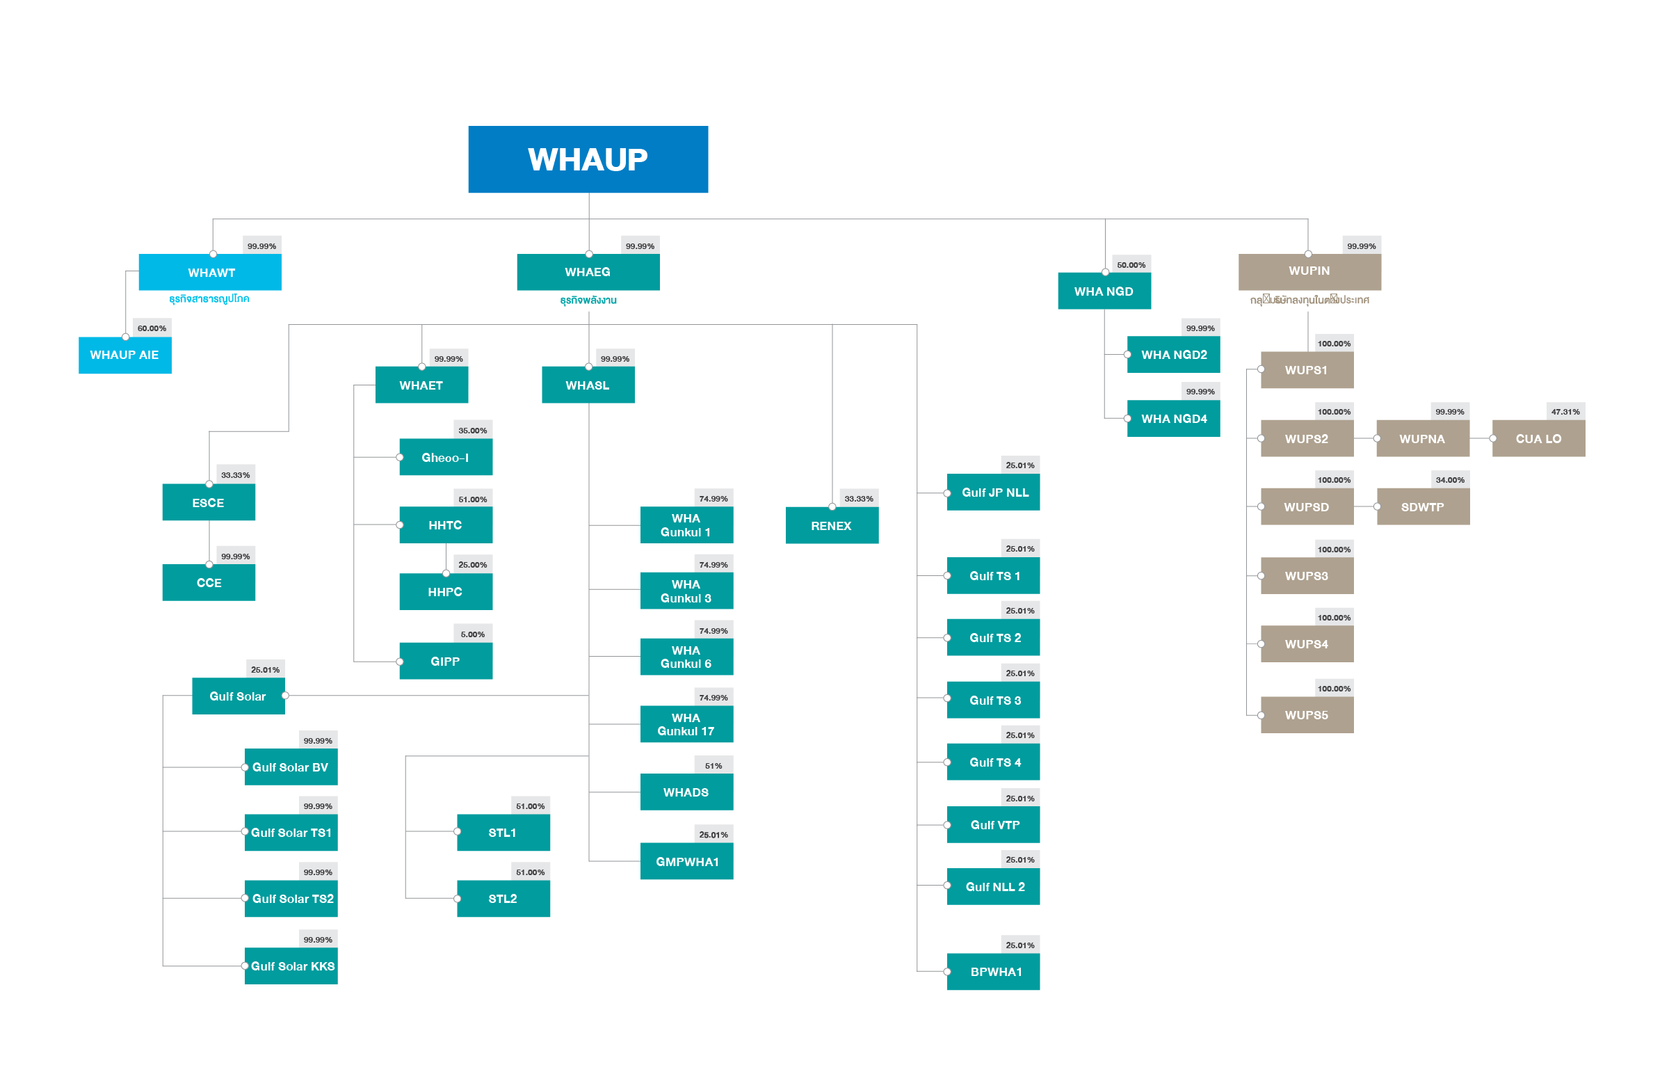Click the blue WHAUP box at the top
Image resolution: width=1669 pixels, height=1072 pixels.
point(588,159)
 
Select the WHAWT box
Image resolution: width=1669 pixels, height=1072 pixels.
point(210,272)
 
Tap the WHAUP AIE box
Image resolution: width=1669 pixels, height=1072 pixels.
point(124,355)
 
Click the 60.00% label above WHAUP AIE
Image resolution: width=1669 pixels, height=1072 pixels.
point(152,328)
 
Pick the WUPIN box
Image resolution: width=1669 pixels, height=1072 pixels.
point(1309,271)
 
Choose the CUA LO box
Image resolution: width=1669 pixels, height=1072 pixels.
point(1538,438)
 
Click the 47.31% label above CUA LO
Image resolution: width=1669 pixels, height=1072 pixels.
point(1565,411)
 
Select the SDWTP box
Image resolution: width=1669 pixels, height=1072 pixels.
point(1423,506)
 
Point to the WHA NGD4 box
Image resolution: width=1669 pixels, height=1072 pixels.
point(1174,418)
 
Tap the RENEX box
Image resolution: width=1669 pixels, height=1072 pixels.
point(831,525)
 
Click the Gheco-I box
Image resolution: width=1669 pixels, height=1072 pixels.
point(445,457)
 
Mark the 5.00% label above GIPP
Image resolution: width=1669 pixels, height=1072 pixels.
point(472,634)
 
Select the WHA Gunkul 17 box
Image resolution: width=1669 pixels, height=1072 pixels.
point(686,724)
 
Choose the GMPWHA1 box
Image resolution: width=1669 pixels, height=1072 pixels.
point(686,862)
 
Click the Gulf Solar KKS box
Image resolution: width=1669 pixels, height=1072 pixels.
point(291,966)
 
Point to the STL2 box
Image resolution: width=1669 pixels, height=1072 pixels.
point(503,899)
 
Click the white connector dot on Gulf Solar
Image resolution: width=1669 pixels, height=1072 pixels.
point(285,696)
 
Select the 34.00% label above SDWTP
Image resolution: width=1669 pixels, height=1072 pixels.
point(1450,479)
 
